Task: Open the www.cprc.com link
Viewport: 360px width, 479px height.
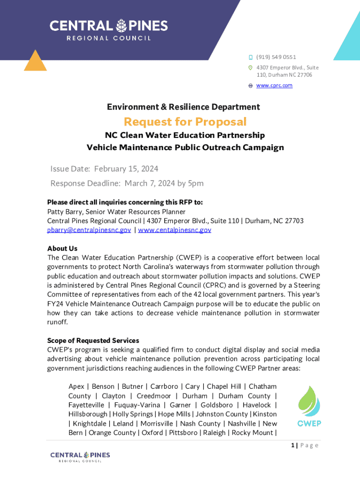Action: click(x=274, y=86)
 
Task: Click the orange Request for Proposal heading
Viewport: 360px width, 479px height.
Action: click(x=185, y=122)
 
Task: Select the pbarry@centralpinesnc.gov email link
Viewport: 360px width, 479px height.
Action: click(x=89, y=230)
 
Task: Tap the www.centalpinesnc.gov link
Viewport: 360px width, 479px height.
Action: click(x=174, y=230)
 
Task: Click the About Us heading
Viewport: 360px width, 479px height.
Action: click(x=62, y=248)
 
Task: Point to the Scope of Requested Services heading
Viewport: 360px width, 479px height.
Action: click(x=93, y=341)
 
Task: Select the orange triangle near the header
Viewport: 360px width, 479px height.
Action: click(x=35, y=60)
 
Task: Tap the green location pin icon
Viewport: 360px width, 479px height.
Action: click(x=250, y=68)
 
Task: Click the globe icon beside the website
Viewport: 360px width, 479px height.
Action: click(x=250, y=86)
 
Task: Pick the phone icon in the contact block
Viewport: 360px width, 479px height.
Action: click(x=250, y=57)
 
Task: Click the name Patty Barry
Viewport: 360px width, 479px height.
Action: click(x=64, y=211)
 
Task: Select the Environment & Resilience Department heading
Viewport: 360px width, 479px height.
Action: click(x=183, y=107)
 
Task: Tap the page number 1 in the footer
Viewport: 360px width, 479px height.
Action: click(x=292, y=445)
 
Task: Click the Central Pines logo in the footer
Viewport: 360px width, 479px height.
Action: click(x=80, y=457)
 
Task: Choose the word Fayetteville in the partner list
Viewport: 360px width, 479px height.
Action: click(x=86, y=405)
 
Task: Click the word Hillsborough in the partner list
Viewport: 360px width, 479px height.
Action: click(x=88, y=414)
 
